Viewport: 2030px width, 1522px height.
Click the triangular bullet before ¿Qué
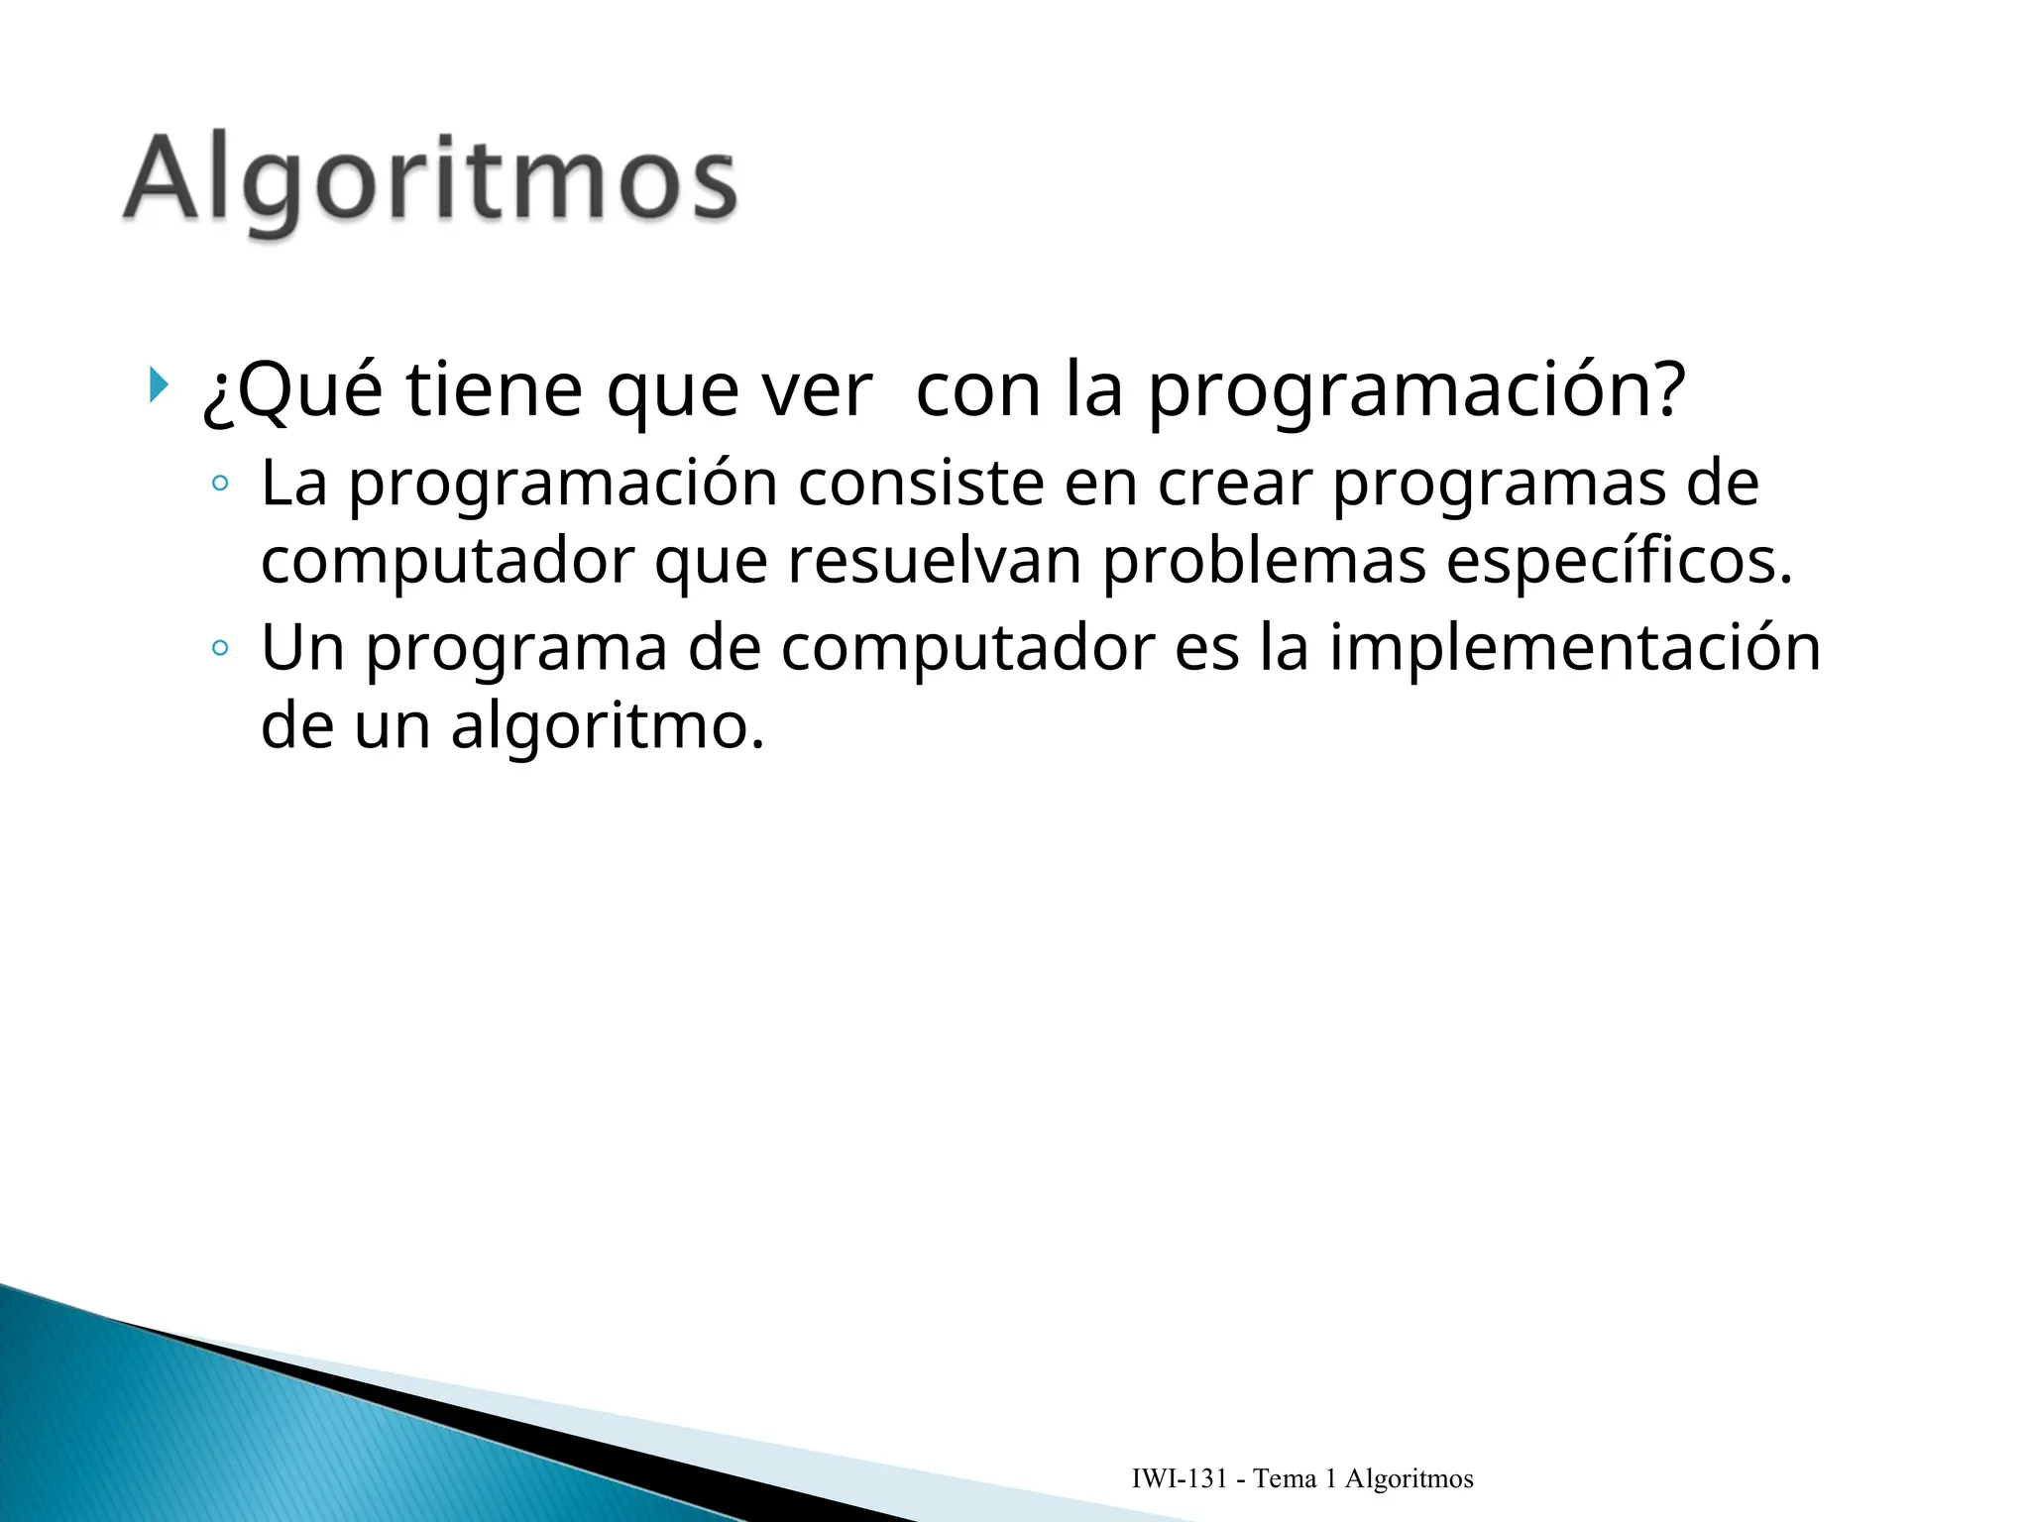click(x=158, y=384)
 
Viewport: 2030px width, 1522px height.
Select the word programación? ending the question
click(x=1416, y=390)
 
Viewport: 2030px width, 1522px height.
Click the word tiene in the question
click(x=494, y=390)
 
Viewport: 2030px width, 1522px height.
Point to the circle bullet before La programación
click(x=220, y=485)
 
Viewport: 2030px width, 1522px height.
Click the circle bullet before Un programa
click(x=220, y=649)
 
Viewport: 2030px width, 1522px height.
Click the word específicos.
click(x=1619, y=562)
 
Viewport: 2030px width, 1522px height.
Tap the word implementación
click(x=1574, y=648)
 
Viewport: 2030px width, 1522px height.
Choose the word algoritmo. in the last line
click(x=608, y=727)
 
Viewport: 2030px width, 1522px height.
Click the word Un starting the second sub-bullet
click(x=301, y=648)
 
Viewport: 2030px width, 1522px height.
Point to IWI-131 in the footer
click(x=1179, y=1479)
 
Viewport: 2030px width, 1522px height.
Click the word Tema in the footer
click(x=1285, y=1479)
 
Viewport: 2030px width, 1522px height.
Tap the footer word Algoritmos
click(x=1409, y=1479)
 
